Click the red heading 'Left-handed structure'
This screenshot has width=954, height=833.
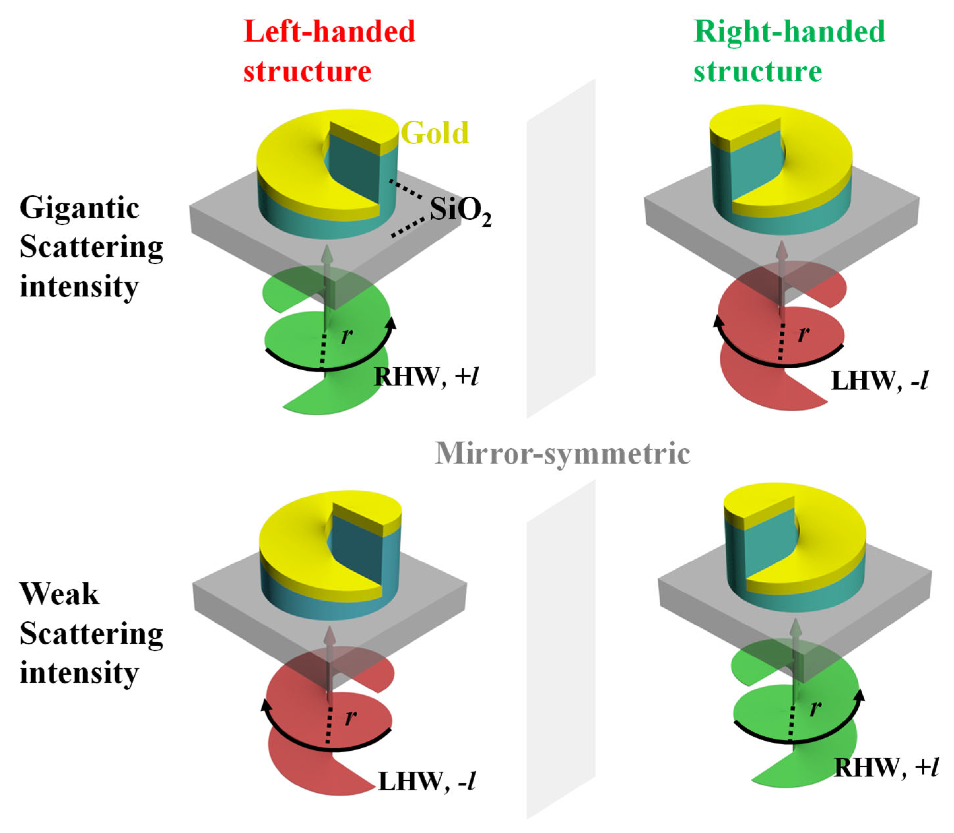click(x=329, y=51)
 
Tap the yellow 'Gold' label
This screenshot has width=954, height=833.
click(x=434, y=133)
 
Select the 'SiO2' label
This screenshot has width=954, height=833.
click(x=459, y=211)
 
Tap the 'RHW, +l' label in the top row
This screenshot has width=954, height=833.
click(x=425, y=376)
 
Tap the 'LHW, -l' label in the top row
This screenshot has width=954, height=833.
click(x=879, y=381)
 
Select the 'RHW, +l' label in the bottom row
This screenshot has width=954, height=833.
click(x=886, y=767)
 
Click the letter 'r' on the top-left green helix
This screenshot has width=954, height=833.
click(x=346, y=335)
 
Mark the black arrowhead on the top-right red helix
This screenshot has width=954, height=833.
click(x=719, y=321)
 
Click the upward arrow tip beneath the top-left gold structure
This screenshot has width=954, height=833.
click(x=328, y=249)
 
